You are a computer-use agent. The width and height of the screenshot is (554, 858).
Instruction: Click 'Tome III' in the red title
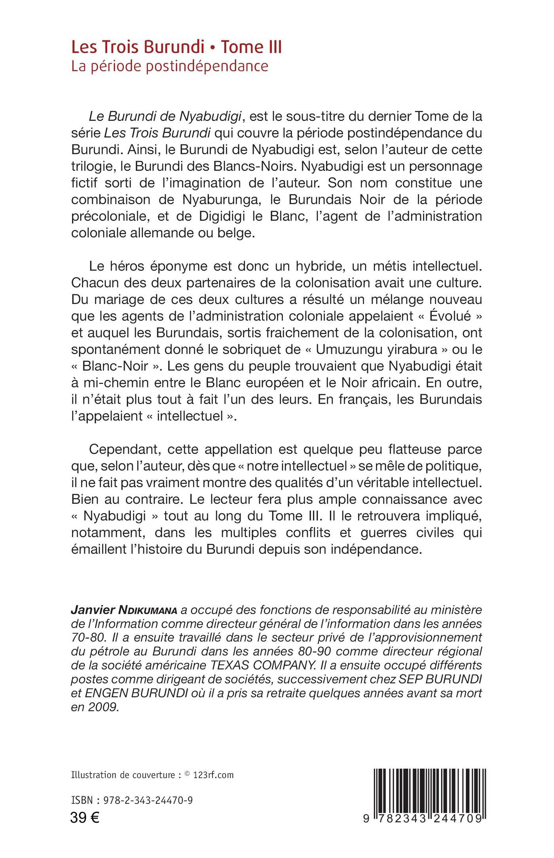(251, 47)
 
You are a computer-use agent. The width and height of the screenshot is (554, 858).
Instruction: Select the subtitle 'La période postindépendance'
(170, 66)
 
